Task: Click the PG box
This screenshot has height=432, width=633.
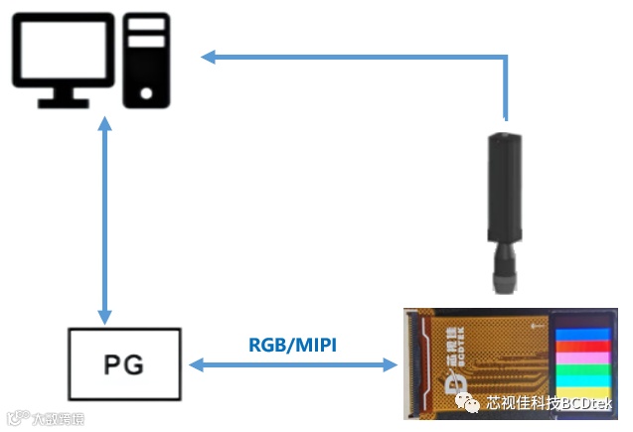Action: (x=124, y=363)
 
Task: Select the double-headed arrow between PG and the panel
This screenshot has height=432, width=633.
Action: (x=292, y=365)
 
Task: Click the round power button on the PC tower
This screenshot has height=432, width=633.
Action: (x=147, y=93)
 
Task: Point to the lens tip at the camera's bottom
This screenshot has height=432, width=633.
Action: (x=506, y=284)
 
